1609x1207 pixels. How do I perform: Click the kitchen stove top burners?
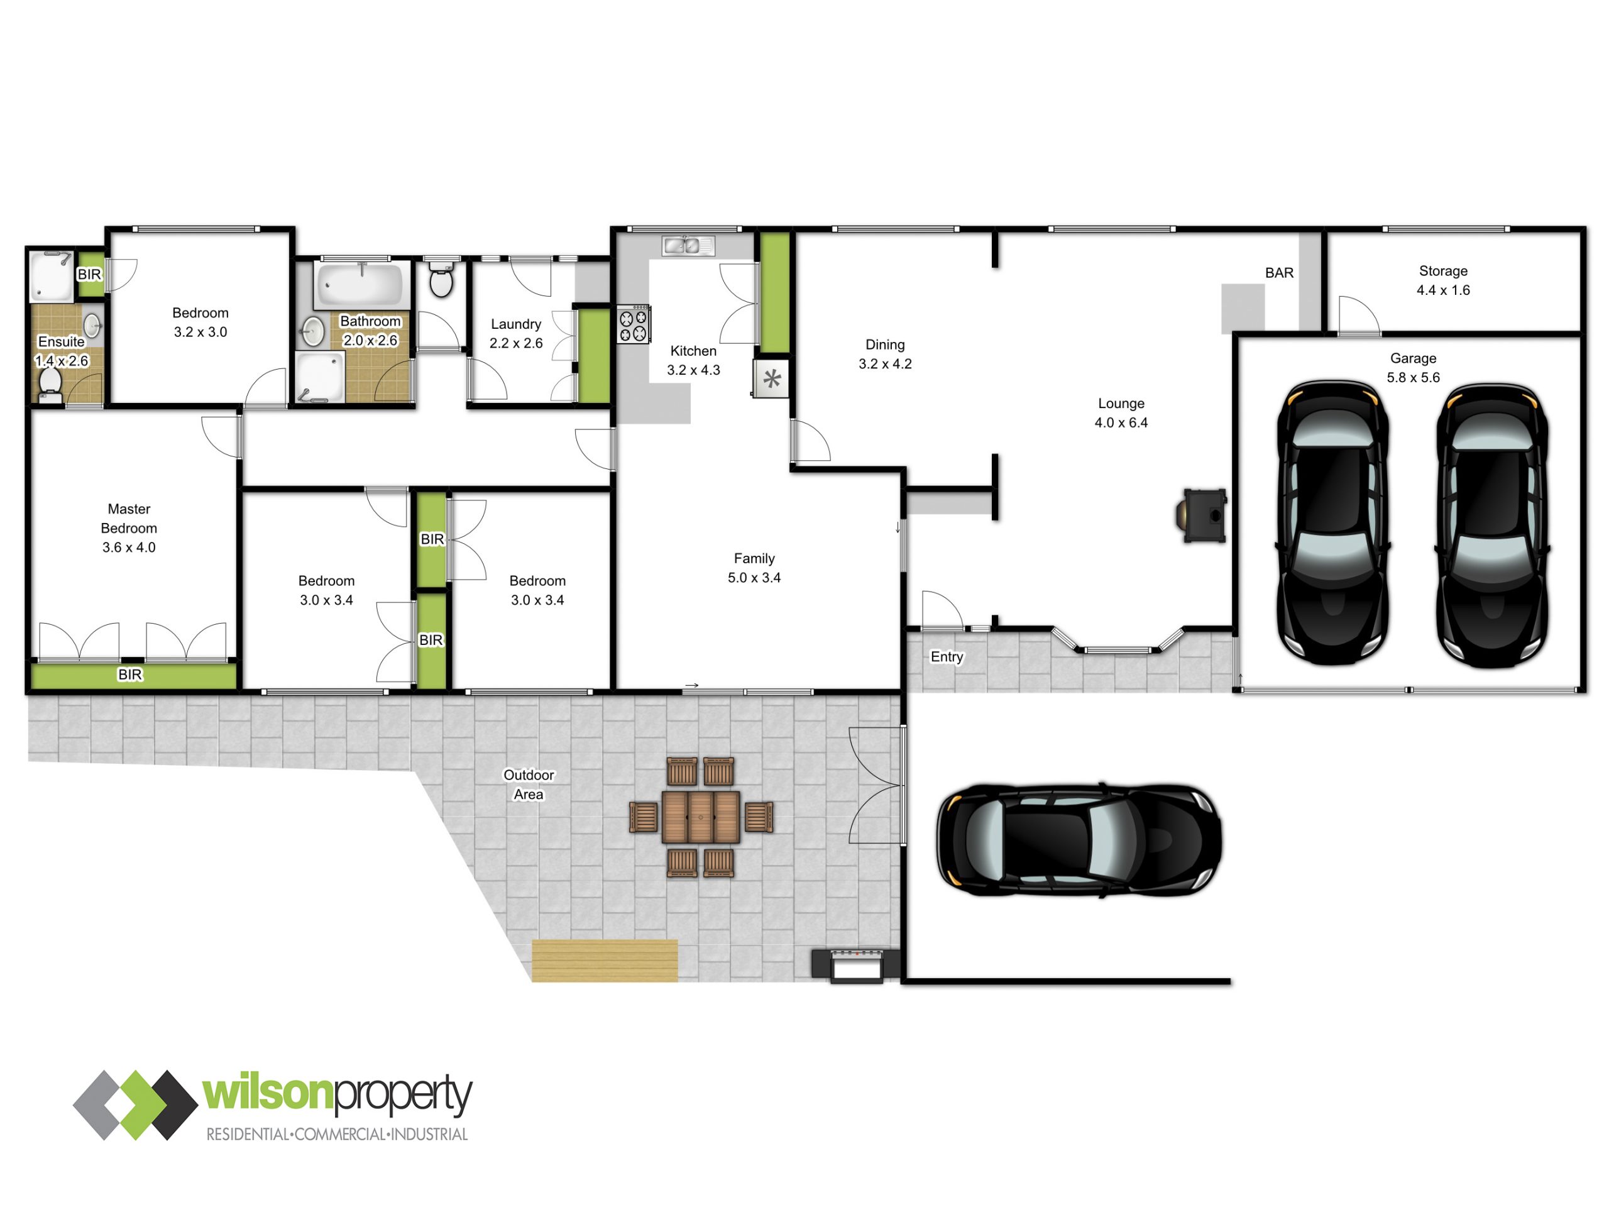tap(634, 324)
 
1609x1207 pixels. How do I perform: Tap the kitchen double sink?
tap(688, 246)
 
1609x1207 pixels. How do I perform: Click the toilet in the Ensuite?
tap(50, 385)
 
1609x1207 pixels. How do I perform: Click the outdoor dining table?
tap(701, 817)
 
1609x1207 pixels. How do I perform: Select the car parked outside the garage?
tap(1079, 840)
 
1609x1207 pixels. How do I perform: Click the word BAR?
tap(1280, 273)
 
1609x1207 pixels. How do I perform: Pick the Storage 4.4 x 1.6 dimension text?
tap(1443, 290)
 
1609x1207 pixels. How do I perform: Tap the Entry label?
tap(947, 657)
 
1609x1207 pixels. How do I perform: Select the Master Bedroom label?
tap(129, 519)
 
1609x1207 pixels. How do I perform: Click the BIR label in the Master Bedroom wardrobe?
tap(130, 675)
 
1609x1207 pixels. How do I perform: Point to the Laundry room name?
tap(516, 324)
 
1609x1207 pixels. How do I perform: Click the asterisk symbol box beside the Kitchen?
tap(771, 378)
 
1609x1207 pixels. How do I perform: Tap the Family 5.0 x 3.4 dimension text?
tap(754, 578)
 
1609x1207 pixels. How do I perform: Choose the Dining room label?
tap(885, 345)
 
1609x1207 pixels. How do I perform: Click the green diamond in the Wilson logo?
tap(135, 1105)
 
